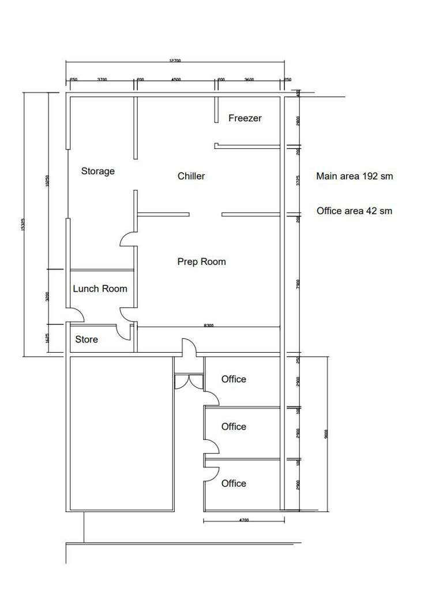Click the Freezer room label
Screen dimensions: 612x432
(x=245, y=118)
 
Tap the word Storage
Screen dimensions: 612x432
(x=97, y=171)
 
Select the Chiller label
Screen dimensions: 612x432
(x=191, y=176)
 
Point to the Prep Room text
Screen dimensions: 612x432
(x=201, y=262)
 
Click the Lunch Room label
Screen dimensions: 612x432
(x=100, y=289)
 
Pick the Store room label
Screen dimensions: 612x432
(x=87, y=339)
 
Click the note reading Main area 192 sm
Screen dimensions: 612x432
(x=354, y=176)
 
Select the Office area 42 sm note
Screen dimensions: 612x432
(x=354, y=211)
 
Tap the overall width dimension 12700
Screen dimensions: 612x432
(x=175, y=61)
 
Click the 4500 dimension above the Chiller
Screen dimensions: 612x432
(x=175, y=80)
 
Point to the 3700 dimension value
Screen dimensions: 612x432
(x=102, y=80)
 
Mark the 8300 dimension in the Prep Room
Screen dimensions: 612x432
(x=208, y=326)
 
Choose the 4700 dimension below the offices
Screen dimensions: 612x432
(x=243, y=521)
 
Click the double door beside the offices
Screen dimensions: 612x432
(x=189, y=382)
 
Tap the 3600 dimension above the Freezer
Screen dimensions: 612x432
(x=249, y=80)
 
